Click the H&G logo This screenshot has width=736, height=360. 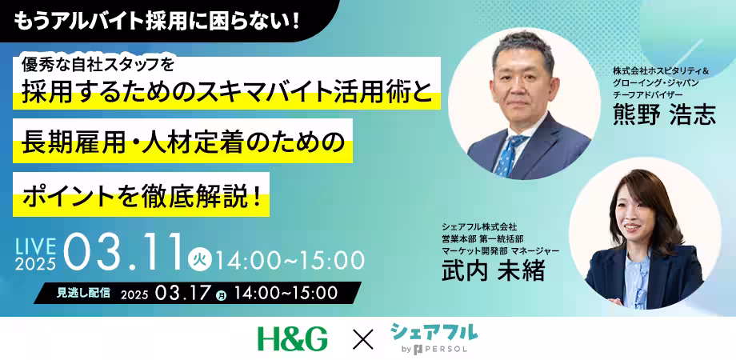(x=292, y=338)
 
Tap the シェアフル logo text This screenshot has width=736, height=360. (x=434, y=330)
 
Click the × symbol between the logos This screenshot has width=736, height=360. (x=362, y=339)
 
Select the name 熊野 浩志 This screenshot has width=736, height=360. (x=663, y=114)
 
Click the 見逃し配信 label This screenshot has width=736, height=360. (x=83, y=293)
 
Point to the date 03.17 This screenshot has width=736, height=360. (x=185, y=294)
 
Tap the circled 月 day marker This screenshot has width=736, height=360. (x=221, y=295)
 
